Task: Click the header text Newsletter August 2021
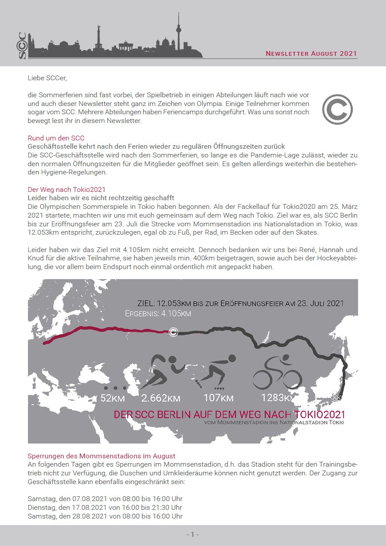pos(311,54)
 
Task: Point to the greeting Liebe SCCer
pos(47,78)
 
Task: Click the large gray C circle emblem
pos(337,109)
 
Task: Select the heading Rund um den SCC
pos(56,138)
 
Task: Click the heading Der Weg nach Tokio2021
pos(66,190)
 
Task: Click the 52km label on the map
pos(113,398)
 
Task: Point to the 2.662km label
pos(161,398)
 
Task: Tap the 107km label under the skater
pos(218,398)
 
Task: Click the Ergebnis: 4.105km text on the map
pos(158,314)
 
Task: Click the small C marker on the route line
pos(173,332)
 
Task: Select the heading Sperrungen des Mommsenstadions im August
pos(101,456)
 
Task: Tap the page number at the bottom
pos(193,534)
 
